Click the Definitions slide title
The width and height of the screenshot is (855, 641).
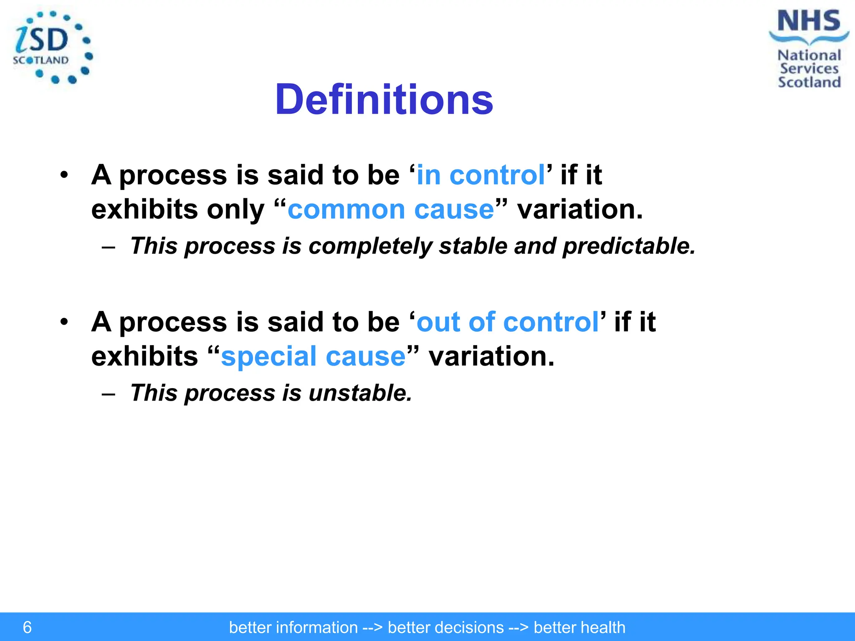coord(384,100)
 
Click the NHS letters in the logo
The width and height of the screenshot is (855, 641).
coord(809,21)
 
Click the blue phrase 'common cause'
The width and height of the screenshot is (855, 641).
coord(391,209)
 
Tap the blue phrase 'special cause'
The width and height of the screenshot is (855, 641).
coord(313,357)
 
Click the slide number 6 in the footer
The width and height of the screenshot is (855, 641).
coord(27,627)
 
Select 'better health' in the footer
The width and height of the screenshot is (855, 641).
coord(579,628)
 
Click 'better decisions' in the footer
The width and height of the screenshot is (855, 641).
coord(445,628)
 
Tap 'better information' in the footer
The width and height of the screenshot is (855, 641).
coord(293,628)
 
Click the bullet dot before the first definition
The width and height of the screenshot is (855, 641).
coord(63,175)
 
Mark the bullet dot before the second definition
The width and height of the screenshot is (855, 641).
coord(63,322)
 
